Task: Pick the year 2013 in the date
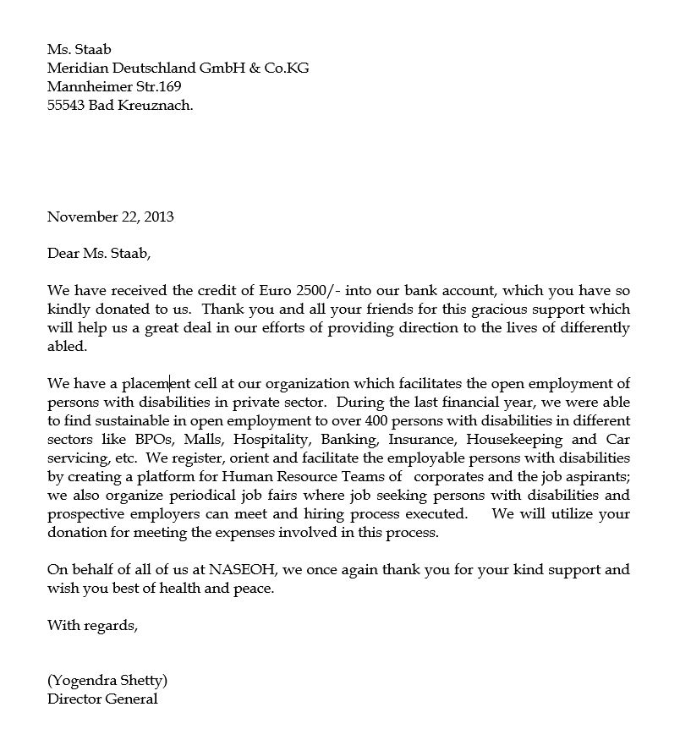coord(159,217)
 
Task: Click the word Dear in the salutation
coord(63,253)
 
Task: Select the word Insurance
coord(425,440)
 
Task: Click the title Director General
coord(102,699)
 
